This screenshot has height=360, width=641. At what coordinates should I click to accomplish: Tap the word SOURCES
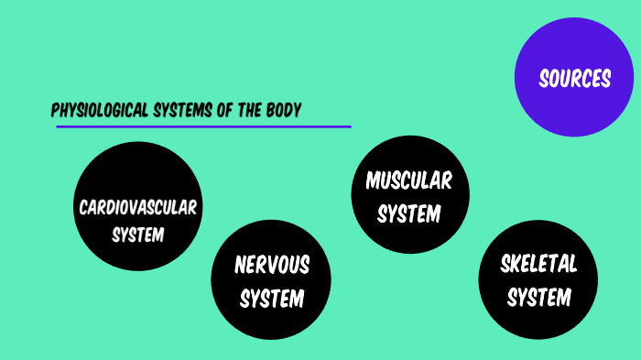(x=574, y=80)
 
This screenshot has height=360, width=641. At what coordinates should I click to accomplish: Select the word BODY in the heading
(x=283, y=111)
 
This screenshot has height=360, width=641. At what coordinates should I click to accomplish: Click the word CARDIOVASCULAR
(x=137, y=206)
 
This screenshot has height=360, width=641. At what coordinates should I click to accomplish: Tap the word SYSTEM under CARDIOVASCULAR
(x=137, y=235)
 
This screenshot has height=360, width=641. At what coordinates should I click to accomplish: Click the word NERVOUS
(x=272, y=266)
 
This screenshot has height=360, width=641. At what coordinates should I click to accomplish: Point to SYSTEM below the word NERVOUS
(x=272, y=299)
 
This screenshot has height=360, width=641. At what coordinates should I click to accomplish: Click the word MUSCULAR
(x=409, y=180)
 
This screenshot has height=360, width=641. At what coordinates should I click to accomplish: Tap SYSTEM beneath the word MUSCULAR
(x=409, y=214)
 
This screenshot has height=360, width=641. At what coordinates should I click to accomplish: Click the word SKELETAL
(x=539, y=265)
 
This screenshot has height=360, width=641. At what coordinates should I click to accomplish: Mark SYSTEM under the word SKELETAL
(x=539, y=298)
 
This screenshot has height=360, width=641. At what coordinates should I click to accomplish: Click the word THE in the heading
(x=247, y=111)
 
